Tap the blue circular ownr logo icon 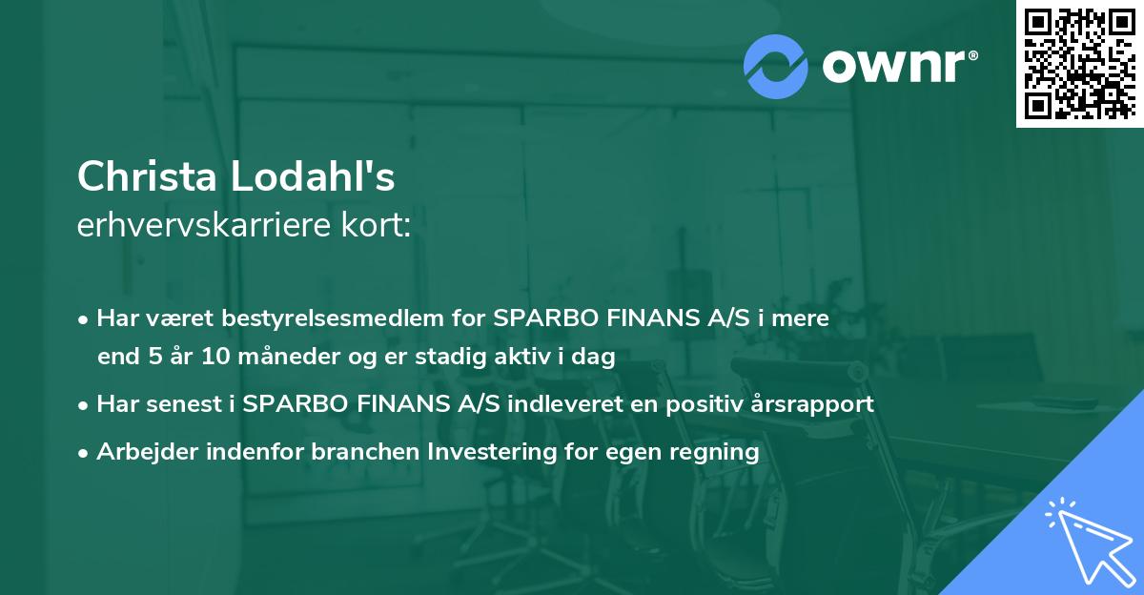tap(775, 67)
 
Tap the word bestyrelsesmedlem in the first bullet tap(342, 318)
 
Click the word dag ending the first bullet tap(596, 358)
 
